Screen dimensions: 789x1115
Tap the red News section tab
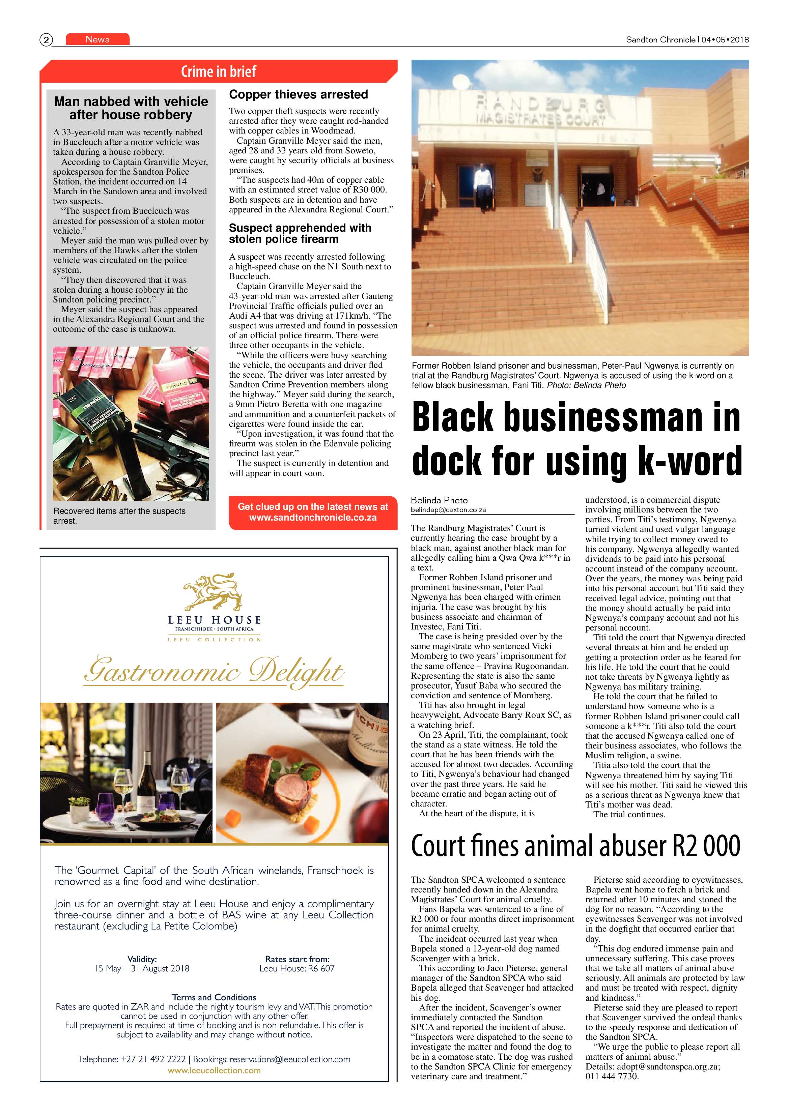(97, 39)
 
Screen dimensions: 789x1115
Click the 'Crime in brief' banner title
(218, 71)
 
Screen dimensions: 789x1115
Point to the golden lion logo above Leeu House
(213, 591)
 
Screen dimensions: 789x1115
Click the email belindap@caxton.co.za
(448, 510)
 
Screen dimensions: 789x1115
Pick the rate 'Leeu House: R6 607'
(297, 968)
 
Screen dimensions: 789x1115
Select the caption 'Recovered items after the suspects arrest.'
(119, 516)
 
